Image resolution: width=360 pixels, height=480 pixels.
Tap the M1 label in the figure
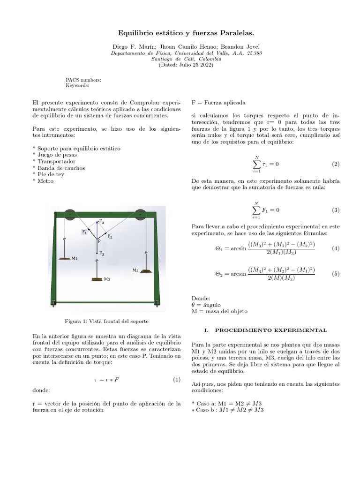[x=75, y=258]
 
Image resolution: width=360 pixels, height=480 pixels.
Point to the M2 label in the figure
[x=135, y=270]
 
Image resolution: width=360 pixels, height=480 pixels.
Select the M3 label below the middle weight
[x=107, y=279]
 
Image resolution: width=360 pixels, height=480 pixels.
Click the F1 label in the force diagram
[x=84, y=232]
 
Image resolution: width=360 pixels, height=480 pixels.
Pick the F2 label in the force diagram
[x=110, y=237]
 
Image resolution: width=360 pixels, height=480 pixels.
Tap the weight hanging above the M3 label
[x=97, y=279]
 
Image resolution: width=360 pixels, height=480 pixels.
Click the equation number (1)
[x=176, y=379]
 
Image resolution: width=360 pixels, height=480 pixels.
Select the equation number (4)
[x=335, y=248]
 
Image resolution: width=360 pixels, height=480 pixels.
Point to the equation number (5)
[x=335, y=274]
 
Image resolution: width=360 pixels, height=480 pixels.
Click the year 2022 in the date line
[x=205, y=65]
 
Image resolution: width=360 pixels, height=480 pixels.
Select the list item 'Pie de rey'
[x=51, y=174]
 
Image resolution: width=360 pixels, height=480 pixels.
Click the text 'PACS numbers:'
[x=83, y=80]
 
